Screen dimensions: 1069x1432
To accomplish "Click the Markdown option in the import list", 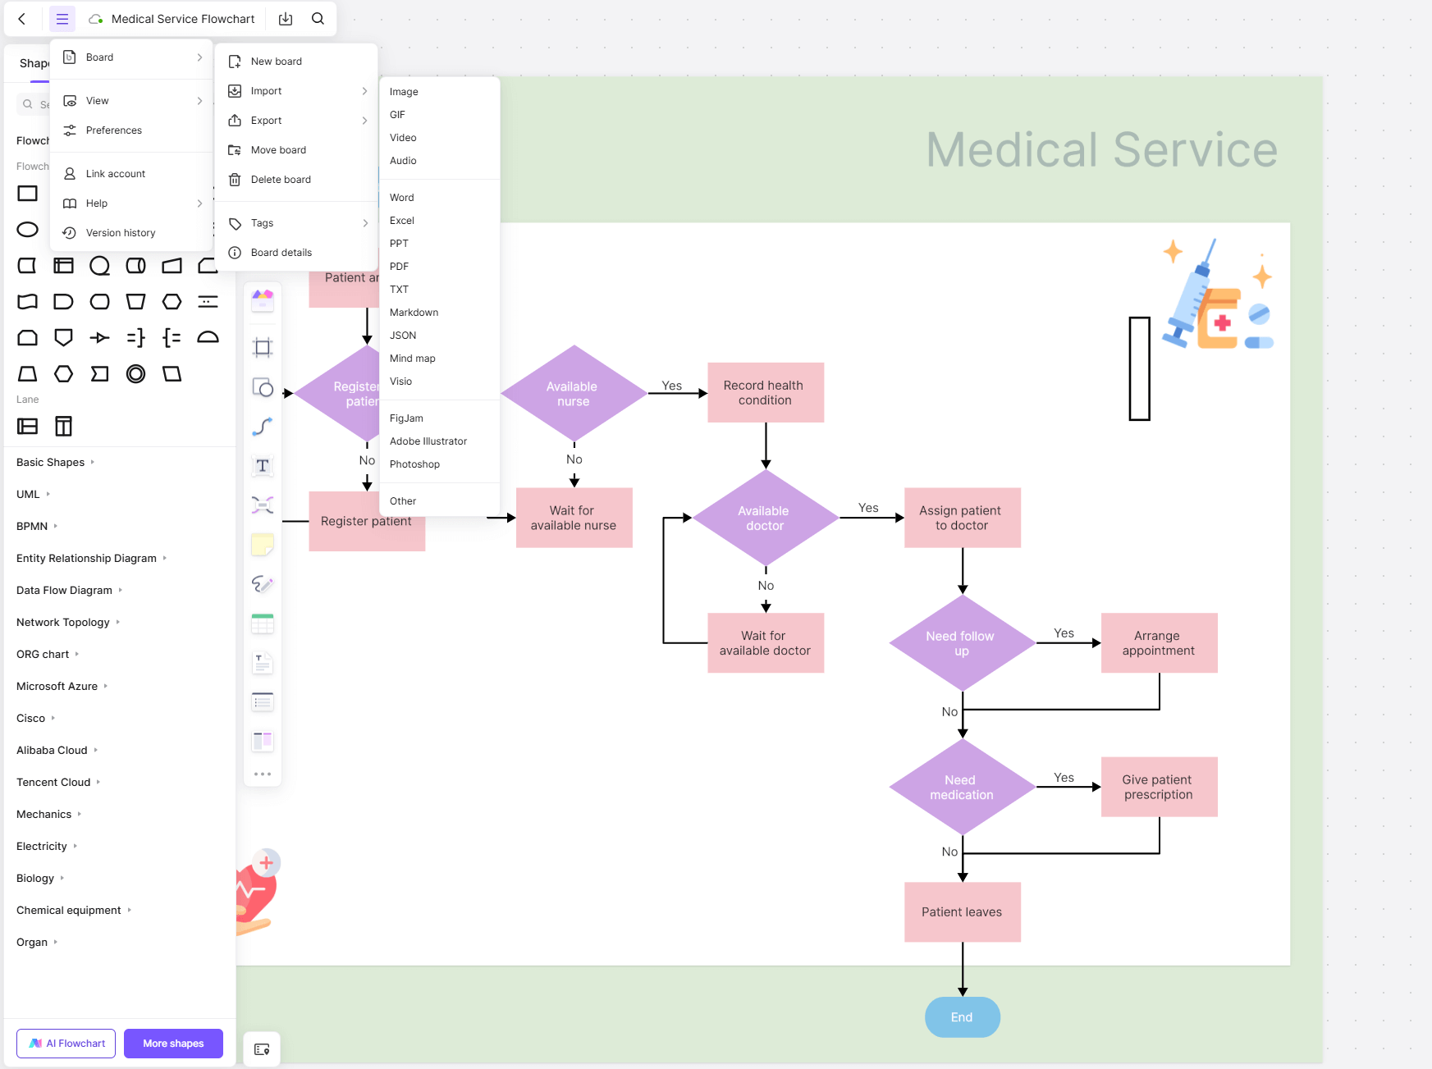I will [x=414, y=313].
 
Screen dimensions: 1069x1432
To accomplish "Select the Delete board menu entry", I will [x=281, y=180].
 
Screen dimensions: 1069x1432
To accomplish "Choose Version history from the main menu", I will [x=121, y=233].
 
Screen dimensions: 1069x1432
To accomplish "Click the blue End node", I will [x=962, y=1017].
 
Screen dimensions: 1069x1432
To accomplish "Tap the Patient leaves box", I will [x=962, y=912].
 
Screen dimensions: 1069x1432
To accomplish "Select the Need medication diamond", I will [x=962, y=788].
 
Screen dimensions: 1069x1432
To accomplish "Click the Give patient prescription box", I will [x=1158, y=788].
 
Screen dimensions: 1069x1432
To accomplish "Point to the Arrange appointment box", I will [x=1158, y=643].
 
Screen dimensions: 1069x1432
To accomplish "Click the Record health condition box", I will [x=765, y=393].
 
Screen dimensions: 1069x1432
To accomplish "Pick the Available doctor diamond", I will [x=765, y=519].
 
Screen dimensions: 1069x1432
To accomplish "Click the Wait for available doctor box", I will [x=765, y=643].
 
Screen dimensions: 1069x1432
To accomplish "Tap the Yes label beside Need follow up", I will [x=1064, y=633].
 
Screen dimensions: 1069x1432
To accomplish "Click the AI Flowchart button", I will [x=66, y=1044].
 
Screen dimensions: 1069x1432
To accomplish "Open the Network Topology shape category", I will [x=63, y=623].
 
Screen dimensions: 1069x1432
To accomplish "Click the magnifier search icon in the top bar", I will [x=318, y=19].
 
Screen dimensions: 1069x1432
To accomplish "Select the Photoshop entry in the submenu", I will [x=414, y=464].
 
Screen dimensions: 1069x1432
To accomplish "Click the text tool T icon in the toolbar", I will [x=263, y=466].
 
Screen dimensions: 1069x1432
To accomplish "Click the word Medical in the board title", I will [x=1011, y=150].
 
